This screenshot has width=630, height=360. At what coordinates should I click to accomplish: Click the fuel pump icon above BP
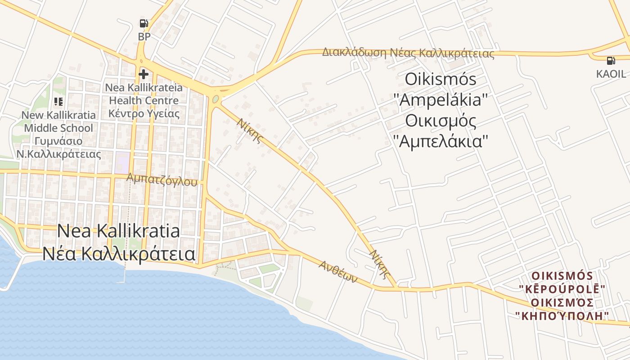pyautogui.click(x=144, y=23)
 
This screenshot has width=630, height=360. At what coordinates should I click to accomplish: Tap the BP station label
pyautogui.click(x=144, y=37)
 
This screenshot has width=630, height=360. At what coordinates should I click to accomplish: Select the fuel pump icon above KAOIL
pyautogui.click(x=611, y=61)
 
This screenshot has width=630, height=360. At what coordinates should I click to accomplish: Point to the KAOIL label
pyautogui.click(x=611, y=74)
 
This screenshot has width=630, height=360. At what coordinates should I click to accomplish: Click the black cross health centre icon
pyautogui.click(x=144, y=74)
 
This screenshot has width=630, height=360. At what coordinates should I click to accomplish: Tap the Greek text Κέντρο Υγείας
pyautogui.click(x=144, y=113)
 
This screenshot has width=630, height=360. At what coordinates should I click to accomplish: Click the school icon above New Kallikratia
pyautogui.click(x=58, y=102)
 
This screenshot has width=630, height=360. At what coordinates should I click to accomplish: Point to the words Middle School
pyautogui.click(x=58, y=128)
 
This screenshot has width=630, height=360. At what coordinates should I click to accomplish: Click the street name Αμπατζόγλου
pyautogui.click(x=162, y=180)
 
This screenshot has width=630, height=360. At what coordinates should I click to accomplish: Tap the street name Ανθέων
pyautogui.click(x=338, y=271)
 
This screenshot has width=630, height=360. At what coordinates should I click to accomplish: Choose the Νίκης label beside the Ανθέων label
pyautogui.click(x=379, y=262)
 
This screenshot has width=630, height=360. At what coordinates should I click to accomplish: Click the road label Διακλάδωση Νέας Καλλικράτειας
pyautogui.click(x=408, y=53)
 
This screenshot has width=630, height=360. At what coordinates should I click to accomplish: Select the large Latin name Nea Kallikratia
pyautogui.click(x=118, y=231)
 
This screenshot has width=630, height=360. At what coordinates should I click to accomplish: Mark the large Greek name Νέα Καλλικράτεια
pyautogui.click(x=119, y=254)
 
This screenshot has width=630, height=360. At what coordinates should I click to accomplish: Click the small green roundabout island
pyautogui.click(x=216, y=99)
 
